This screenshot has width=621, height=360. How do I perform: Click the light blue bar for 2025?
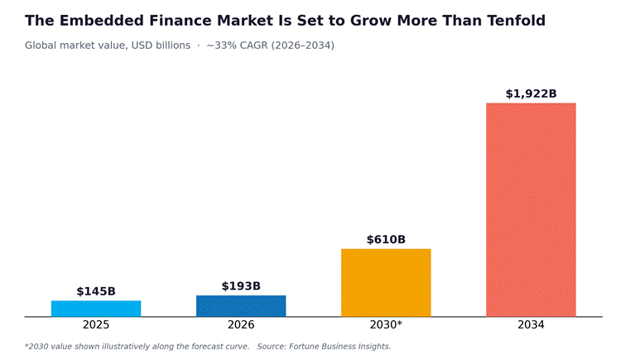pos(96,309)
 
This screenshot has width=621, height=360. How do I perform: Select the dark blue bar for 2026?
pos(241,306)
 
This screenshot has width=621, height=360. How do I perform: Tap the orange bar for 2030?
pos(386,283)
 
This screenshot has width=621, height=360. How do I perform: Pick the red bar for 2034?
pos(531,210)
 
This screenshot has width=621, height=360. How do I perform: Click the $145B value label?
pos(96,291)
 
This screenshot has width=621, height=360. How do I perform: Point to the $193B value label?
pos(241,286)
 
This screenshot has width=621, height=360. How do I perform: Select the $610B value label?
pos(386,240)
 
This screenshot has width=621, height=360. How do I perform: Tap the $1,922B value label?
pos(531,94)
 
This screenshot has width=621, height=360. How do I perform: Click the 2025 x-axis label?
pos(96,325)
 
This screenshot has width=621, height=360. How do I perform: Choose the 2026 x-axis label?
pos(241,325)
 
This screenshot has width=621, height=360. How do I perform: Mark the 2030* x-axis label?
pos(386,325)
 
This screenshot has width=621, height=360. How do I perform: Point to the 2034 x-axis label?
pos(531,325)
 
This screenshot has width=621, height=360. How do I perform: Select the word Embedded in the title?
pos(101,21)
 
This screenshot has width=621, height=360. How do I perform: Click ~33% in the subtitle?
pos(222,46)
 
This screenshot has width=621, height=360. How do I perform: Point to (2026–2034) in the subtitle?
pos(302,46)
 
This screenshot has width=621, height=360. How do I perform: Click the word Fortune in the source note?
pos(301,347)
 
